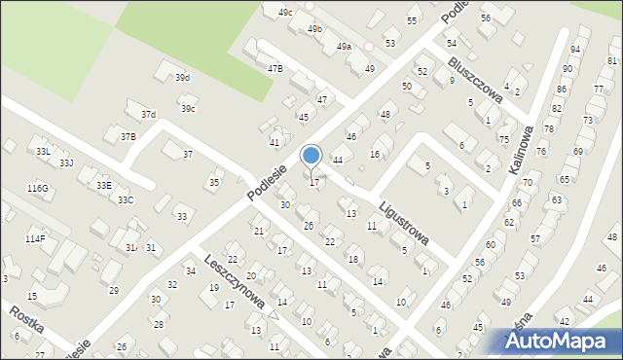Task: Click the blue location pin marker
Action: pos(311,157)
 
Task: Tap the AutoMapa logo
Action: pos(558,341)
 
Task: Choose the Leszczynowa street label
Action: pos(236,279)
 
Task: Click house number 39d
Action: pos(182,78)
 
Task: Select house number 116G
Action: pos(38,188)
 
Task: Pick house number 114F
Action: pos(35,238)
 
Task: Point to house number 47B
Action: pos(275,68)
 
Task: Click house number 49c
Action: pos(284,12)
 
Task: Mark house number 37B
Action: pos(128,137)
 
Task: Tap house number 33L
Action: pos(43,152)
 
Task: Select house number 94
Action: pos(574,49)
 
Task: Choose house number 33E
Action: pos(103,185)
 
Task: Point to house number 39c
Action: pos(187,108)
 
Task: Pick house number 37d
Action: pos(148,115)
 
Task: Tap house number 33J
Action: pos(65,162)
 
